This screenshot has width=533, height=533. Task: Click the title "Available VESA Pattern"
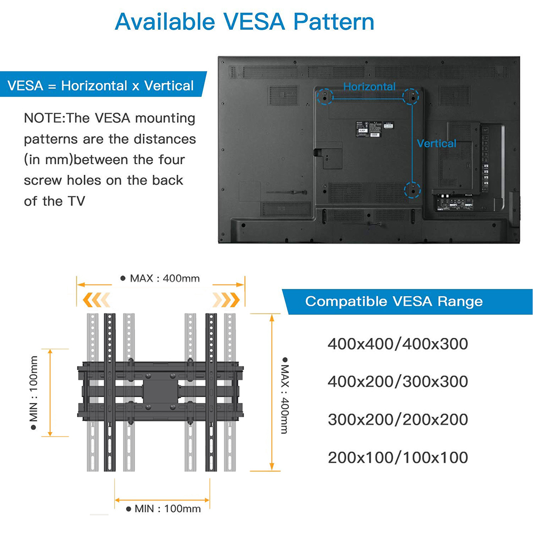pyautogui.click(x=245, y=22)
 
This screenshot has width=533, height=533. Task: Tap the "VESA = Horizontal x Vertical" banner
pyautogui.click(x=103, y=84)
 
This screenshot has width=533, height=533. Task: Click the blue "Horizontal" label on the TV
pyautogui.click(x=369, y=86)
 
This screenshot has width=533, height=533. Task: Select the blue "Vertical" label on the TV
pyautogui.click(x=437, y=143)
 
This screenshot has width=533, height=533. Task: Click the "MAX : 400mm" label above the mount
pyautogui.click(x=160, y=278)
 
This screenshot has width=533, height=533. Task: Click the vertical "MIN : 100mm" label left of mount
pyautogui.click(x=34, y=393)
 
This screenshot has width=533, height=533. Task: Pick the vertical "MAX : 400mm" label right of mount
pyautogui.click(x=285, y=395)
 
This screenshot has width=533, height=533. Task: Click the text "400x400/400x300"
pyautogui.click(x=398, y=344)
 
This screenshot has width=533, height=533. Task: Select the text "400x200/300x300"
pyautogui.click(x=398, y=382)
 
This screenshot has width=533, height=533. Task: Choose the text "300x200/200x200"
pyautogui.click(x=398, y=419)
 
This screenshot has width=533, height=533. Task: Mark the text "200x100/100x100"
pyautogui.click(x=398, y=457)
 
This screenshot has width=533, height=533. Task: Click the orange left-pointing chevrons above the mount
pyautogui.click(x=96, y=300)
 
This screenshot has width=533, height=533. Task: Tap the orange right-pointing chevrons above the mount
pyautogui.click(x=226, y=300)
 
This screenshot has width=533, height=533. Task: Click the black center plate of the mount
pyautogui.click(x=160, y=392)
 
